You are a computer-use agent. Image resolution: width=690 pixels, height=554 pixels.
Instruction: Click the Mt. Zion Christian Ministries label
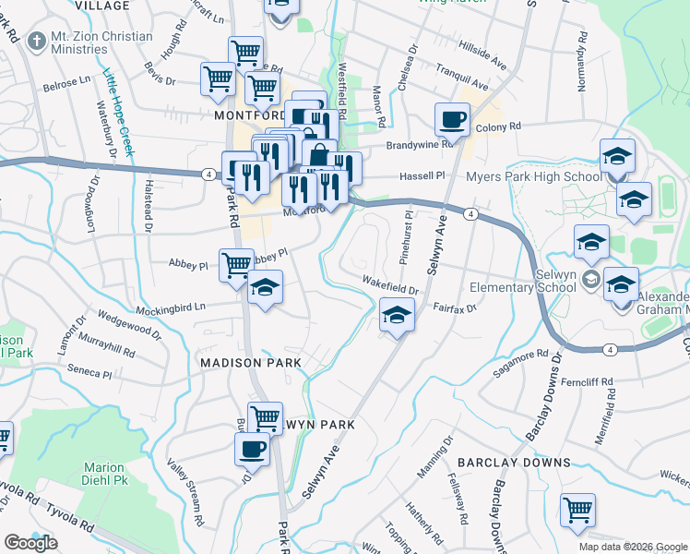[x=101, y=44]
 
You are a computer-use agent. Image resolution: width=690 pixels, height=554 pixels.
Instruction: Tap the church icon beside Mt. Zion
[x=37, y=41]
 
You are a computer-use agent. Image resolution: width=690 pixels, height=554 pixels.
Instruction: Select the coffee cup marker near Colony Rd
[x=453, y=120]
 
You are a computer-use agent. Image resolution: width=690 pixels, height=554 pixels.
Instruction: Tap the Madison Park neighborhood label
[x=251, y=364]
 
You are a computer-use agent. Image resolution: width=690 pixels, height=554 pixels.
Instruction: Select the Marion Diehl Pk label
[x=103, y=474]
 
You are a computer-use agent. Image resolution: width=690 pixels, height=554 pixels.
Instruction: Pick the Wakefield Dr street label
[x=390, y=284]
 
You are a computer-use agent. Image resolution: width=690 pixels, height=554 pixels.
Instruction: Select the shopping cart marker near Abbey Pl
[x=237, y=264]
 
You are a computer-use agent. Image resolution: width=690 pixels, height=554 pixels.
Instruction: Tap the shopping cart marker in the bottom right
[x=577, y=509]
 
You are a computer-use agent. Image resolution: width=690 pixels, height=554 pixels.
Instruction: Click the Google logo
[x=30, y=543]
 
